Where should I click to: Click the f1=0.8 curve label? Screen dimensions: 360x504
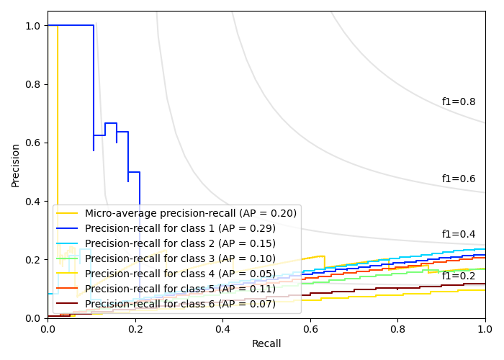pyautogui.click(x=459, y=102)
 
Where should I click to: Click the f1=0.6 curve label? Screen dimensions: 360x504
pyautogui.click(x=459, y=179)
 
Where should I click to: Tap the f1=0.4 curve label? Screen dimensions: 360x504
pyautogui.click(x=459, y=234)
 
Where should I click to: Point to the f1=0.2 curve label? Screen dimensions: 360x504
pyautogui.click(x=459, y=276)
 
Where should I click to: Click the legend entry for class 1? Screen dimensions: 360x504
pyautogui.click(x=180, y=228)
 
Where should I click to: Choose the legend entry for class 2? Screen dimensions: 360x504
pyautogui.click(x=180, y=243)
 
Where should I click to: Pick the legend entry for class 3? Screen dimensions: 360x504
pyautogui.click(x=180, y=258)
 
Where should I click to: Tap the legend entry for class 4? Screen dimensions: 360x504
pyautogui.click(x=180, y=274)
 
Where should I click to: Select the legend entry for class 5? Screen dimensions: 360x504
pyautogui.click(x=180, y=289)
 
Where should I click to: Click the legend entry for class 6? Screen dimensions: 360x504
pyautogui.click(x=180, y=304)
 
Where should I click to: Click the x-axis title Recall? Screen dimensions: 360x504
pyautogui.click(x=266, y=344)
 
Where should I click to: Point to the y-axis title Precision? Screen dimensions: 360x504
pyautogui.click(x=16, y=164)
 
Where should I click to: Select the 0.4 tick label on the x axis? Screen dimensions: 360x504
pyautogui.click(x=222, y=329)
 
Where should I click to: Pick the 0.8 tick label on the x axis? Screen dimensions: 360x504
pyautogui.click(x=397, y=329)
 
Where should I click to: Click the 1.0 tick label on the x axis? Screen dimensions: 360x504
pyautogui.click(x=485, y=329)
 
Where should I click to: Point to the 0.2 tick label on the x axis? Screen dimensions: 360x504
pyautogui.click(x=135, y=329)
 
